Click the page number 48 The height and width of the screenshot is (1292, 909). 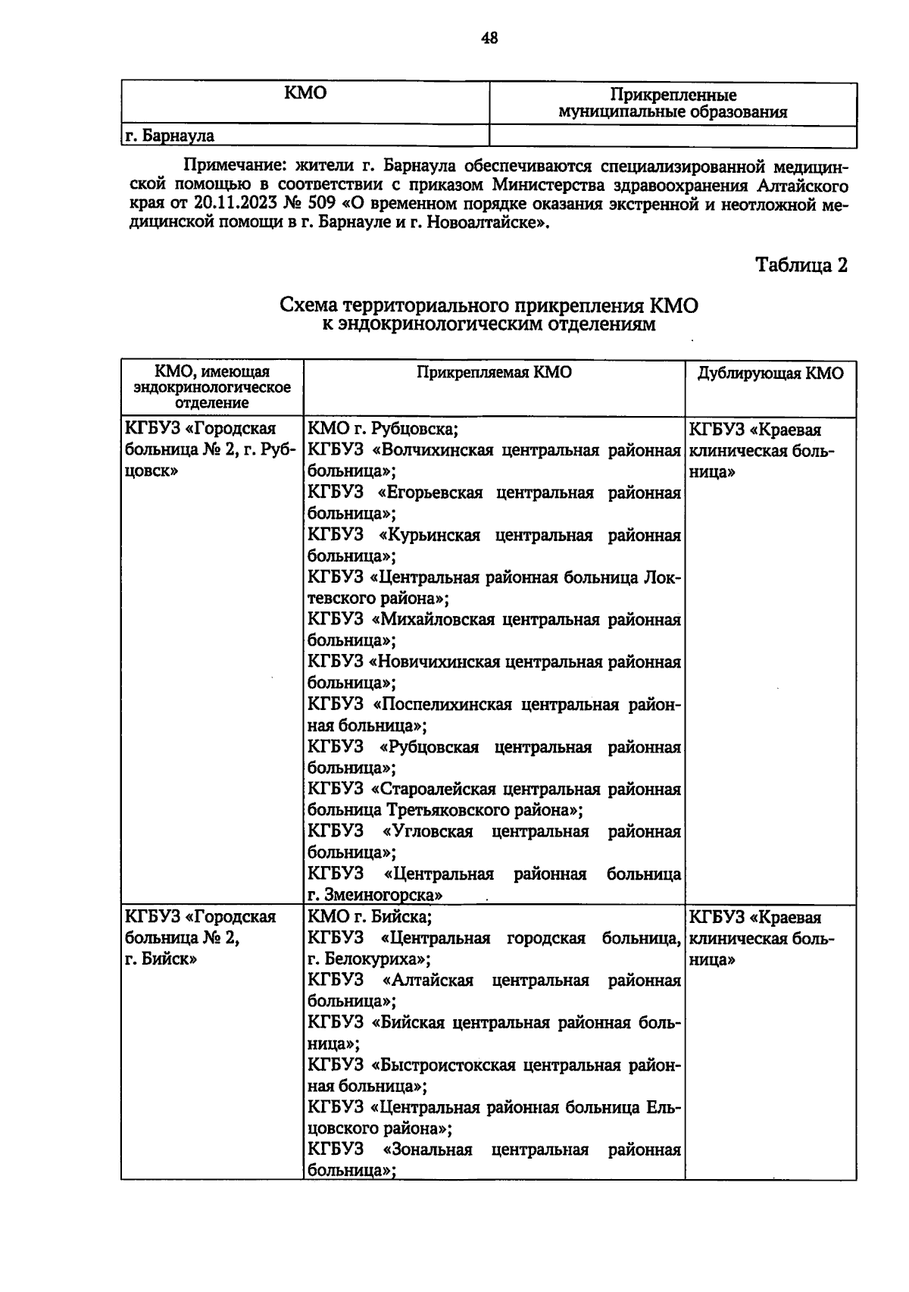click(x=489, y=38)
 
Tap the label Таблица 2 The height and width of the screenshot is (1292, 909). click(x=801, y=265)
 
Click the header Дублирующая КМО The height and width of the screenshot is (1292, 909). click(x=770, y=374)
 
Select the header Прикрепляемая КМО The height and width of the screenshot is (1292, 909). click(x=494, y=372)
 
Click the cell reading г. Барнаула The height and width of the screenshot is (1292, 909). click(x=170, y=136)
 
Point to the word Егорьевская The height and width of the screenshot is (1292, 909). click(x=435, y=493)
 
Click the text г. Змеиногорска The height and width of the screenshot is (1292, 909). click(x=375, y=895)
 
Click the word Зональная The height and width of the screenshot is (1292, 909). click(x=429, y=1150)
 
